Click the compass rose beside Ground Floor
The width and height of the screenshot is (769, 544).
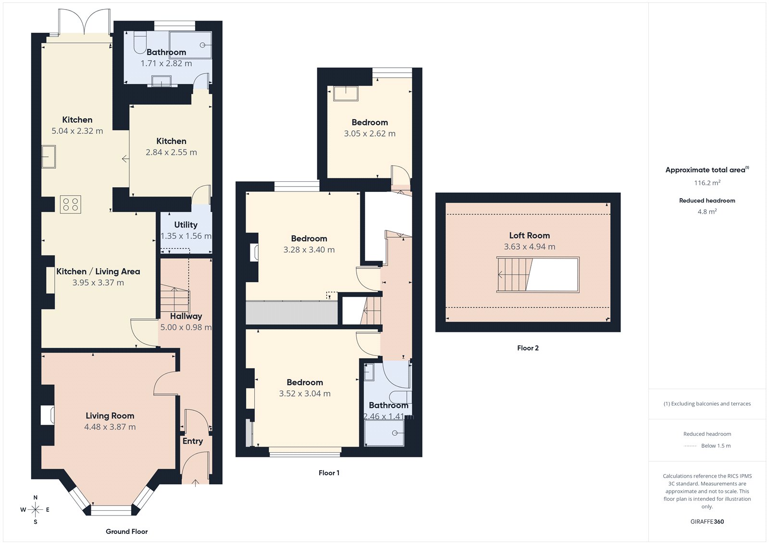click(x=35, y=509)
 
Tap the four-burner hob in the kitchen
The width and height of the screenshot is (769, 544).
click(x=71, y=204)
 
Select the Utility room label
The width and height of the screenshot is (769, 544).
click(x=186, y=225)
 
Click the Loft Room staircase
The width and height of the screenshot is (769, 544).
click(x=515, y=275)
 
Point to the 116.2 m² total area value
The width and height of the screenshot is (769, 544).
click(x=707, y=183)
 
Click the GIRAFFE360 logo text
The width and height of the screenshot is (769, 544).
click(x=707, y=521)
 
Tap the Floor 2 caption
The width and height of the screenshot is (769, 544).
click(x=528, y=348)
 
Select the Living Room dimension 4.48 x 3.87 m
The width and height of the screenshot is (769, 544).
click(x=110, y=427)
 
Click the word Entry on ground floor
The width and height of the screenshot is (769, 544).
click(x=192, y=441)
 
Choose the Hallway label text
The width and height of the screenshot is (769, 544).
click(x=186, y=316)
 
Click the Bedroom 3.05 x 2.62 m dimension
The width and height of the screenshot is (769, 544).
click(x=370, y=134)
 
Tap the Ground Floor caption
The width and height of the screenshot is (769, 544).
click(x=127, y=531)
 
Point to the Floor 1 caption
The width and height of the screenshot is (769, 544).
click(x=329, y=473)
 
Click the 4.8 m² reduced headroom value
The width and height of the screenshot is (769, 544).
click(x=707, y=212)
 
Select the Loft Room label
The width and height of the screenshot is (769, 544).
click(x=529, y=235)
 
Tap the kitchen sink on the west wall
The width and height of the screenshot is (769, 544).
click(x=49, y=157)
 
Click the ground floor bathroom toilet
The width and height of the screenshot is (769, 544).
click(x=139, y=43)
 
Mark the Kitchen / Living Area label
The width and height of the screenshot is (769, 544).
click(x=98, y=271)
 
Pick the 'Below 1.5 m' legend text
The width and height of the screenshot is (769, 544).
click(x=716, y=446)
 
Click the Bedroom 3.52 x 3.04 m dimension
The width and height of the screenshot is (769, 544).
click(x=305, y=393)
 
